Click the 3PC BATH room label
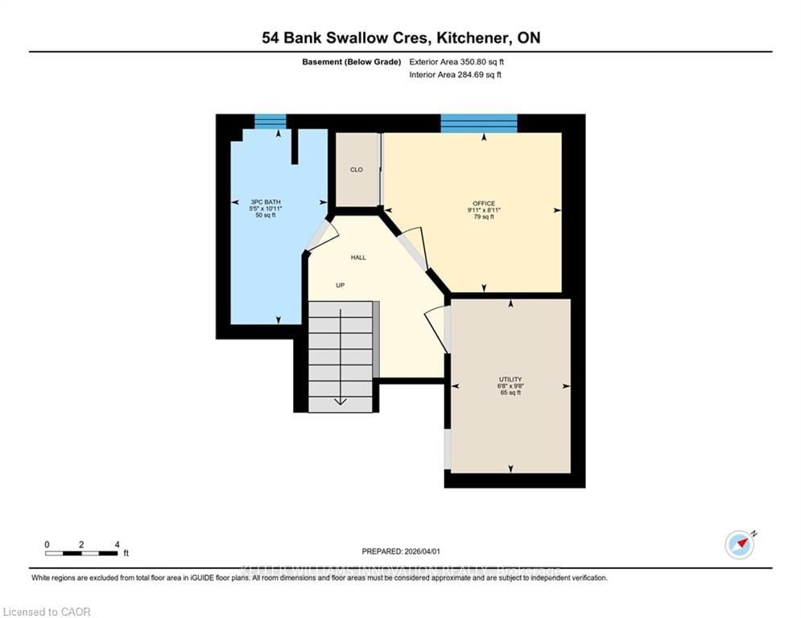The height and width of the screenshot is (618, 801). tap(265, 201)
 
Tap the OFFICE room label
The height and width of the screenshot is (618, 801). tap(484, 203)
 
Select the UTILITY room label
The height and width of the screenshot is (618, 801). tap(510, 379)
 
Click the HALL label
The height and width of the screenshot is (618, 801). tap(358, 257)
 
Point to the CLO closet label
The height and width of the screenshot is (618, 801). tap(356, 170)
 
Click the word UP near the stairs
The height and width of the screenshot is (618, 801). tap(341, 286)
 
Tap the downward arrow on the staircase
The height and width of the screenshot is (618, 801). tap(341, 400)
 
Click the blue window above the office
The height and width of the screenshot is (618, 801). tap(478, 122)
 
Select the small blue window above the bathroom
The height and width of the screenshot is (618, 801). tap(270, 122)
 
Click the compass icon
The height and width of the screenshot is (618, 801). tap(739, 544)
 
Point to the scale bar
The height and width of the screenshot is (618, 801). tap(82, 553)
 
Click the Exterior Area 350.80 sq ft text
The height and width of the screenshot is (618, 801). tap(457, 61)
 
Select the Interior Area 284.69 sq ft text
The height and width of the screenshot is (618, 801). tap(456, 75)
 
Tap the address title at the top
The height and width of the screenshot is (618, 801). tap(400, 38)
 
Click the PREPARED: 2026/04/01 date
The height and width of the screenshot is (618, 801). tap(400, 551)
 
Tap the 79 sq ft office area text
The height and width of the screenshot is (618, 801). tap(484, 217)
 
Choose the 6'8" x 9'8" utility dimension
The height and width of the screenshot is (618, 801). tap(510, 386)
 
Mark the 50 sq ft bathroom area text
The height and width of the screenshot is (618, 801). tap(265, 216)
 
